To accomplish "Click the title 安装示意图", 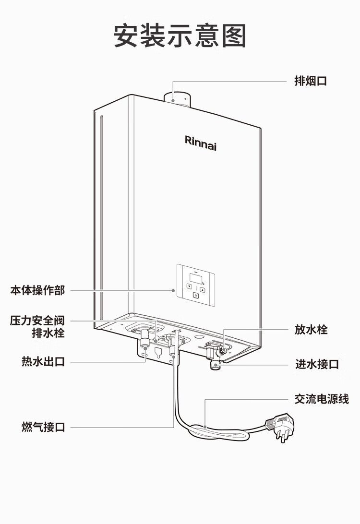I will [180, 36].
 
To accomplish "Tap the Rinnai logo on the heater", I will [201, 142].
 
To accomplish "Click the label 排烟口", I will [311, 81].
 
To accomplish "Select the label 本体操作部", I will [37, 290].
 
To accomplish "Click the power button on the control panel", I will [195, 296].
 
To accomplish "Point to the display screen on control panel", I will [196, 277].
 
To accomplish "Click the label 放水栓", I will [311, 330].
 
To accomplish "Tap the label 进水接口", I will [317, 364].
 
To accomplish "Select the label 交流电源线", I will [322, 398].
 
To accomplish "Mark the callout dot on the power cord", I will [205, 426].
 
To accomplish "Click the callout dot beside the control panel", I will [174, 290].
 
